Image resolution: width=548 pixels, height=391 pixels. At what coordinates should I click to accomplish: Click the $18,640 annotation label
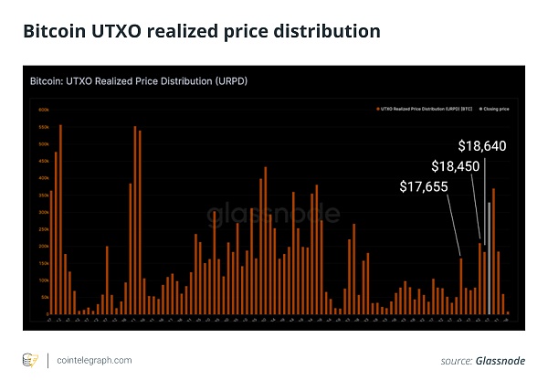click(482, 145)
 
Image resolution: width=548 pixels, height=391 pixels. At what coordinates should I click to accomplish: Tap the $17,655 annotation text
click(425, 186)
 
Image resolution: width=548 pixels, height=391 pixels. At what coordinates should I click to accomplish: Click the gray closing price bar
click(490, 259)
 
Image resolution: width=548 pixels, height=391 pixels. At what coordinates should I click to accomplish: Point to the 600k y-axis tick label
click(43, 110)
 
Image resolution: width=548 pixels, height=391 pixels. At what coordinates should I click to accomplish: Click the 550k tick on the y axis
click(43, 127)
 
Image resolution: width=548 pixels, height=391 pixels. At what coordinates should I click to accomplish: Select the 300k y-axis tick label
click(43, 212)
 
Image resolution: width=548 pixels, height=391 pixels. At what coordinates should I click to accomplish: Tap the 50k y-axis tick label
click(43, 297)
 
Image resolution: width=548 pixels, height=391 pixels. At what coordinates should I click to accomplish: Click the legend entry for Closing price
click(493, 108)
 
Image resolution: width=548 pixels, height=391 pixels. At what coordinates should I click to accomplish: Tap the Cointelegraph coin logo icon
click(29, 361)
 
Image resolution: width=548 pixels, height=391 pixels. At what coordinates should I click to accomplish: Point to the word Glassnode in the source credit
click(501, 362)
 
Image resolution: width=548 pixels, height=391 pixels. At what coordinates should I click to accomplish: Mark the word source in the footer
click(456, 362)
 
